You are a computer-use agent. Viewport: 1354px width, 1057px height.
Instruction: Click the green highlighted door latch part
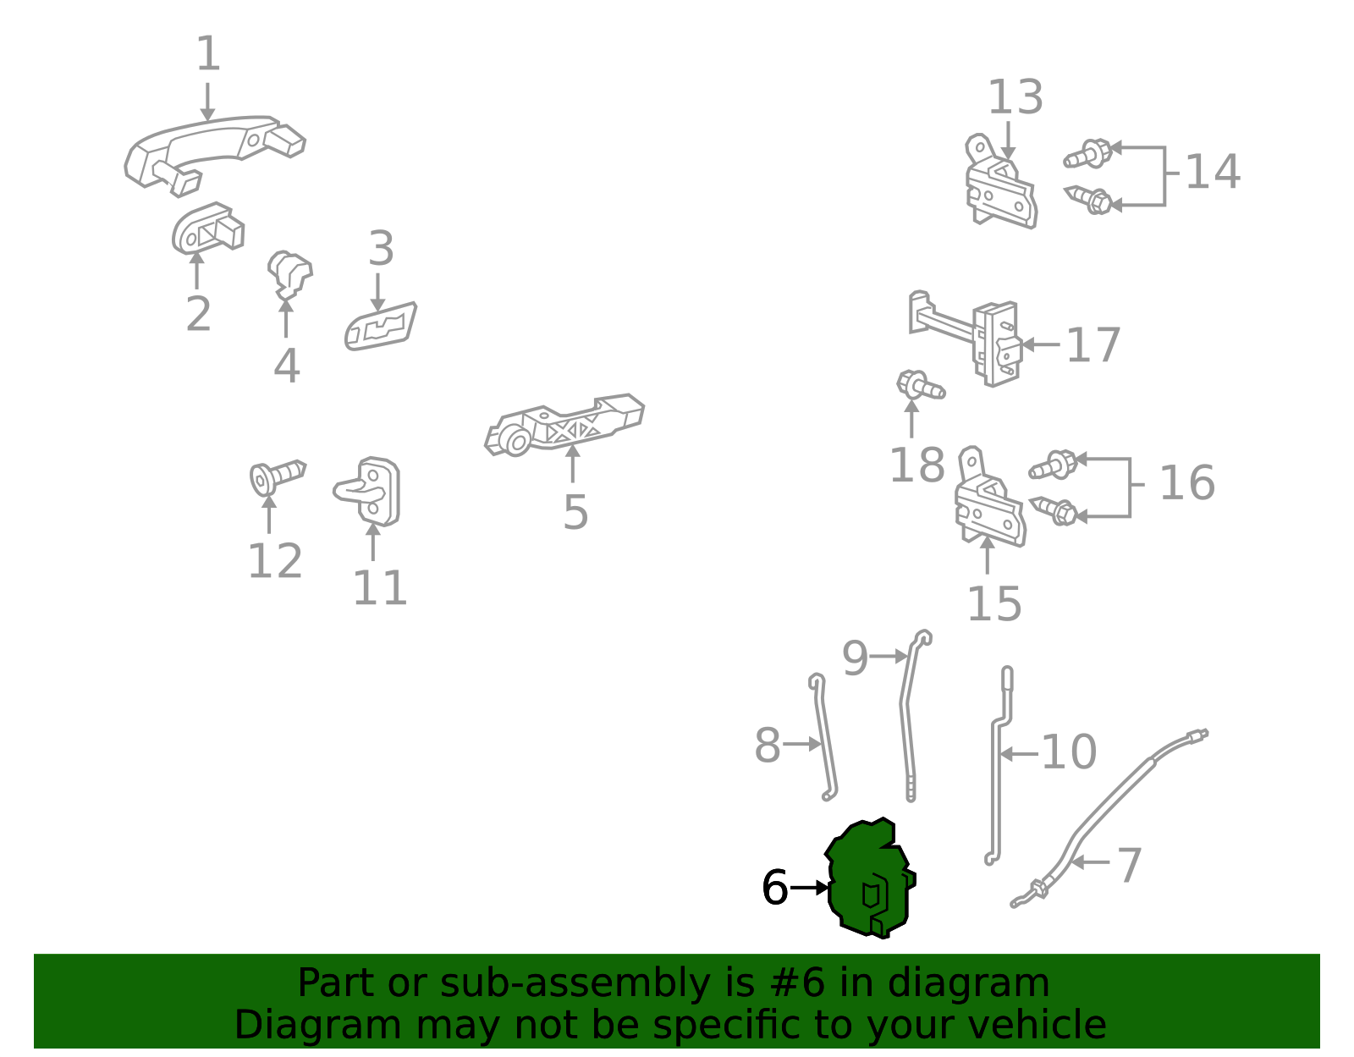tap(868, 879)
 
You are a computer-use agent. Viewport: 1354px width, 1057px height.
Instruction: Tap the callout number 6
tap(774, 888)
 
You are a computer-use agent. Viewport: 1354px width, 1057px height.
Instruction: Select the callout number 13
tap(1015, 97)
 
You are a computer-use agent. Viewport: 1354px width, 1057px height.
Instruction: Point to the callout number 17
tap(1093, 344)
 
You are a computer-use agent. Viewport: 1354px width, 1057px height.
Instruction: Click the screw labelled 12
tap(277, 478)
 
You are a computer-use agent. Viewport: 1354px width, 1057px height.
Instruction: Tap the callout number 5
tap(575, 513)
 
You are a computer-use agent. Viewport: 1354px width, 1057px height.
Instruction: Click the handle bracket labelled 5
tap(564, 424)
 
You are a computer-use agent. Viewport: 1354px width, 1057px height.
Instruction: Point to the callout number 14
tap(1212, 172)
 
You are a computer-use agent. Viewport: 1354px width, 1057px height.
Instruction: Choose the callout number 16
tap(1187, 482)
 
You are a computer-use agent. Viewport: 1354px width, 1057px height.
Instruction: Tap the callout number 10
tap(1069, 751)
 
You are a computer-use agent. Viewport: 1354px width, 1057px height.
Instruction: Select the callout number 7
tap(1129, 865)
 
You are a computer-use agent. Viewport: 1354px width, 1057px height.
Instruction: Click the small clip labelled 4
tap(289, 275)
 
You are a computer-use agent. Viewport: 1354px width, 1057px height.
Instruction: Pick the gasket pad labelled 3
tap(381, 327)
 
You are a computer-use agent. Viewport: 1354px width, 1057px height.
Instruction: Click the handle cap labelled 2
tap(207, 228)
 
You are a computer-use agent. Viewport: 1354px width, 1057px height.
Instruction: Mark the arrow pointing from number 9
tap(889, 656)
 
